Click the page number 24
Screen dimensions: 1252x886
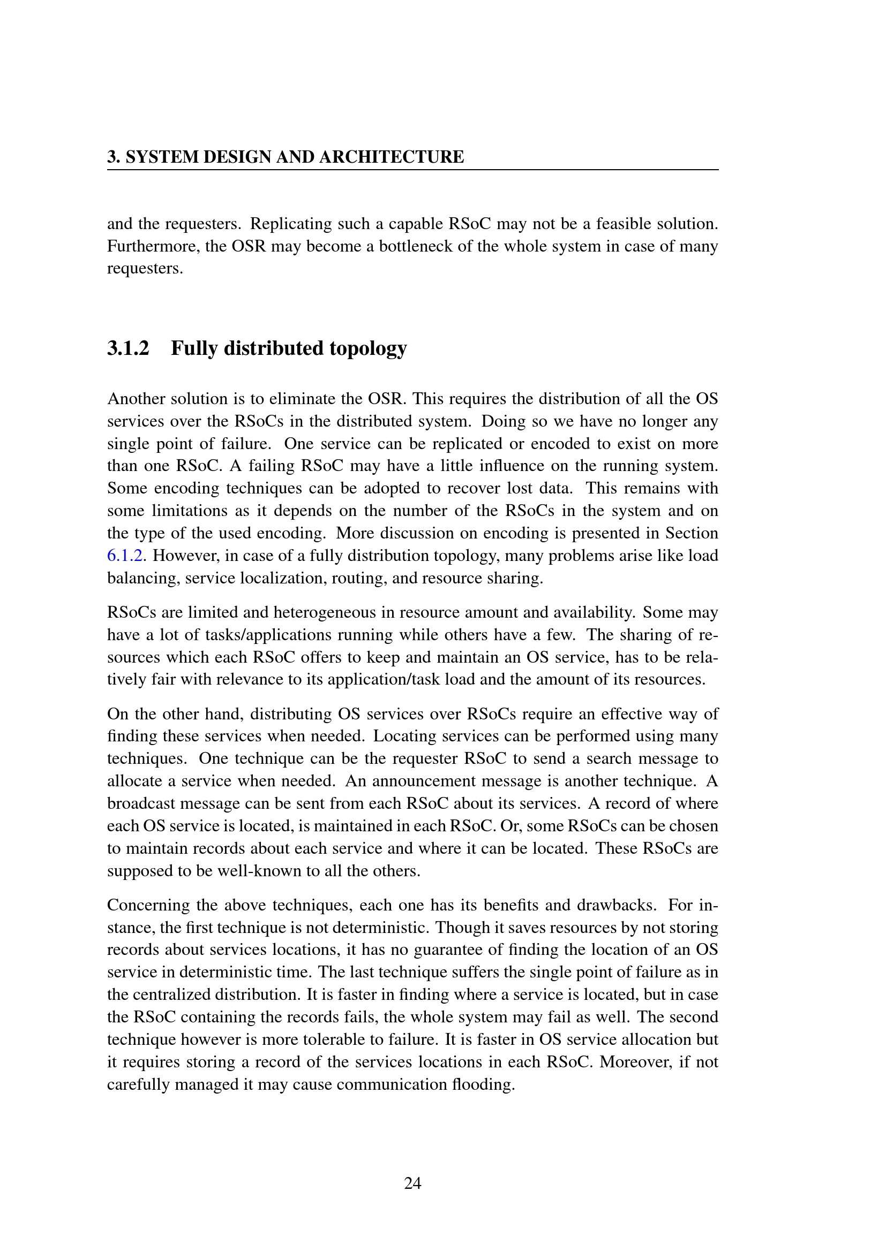[412, 1183]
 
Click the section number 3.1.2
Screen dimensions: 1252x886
[128, 348]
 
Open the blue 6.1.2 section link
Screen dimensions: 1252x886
[125, 556]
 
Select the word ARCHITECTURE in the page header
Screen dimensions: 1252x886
[391, 157]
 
